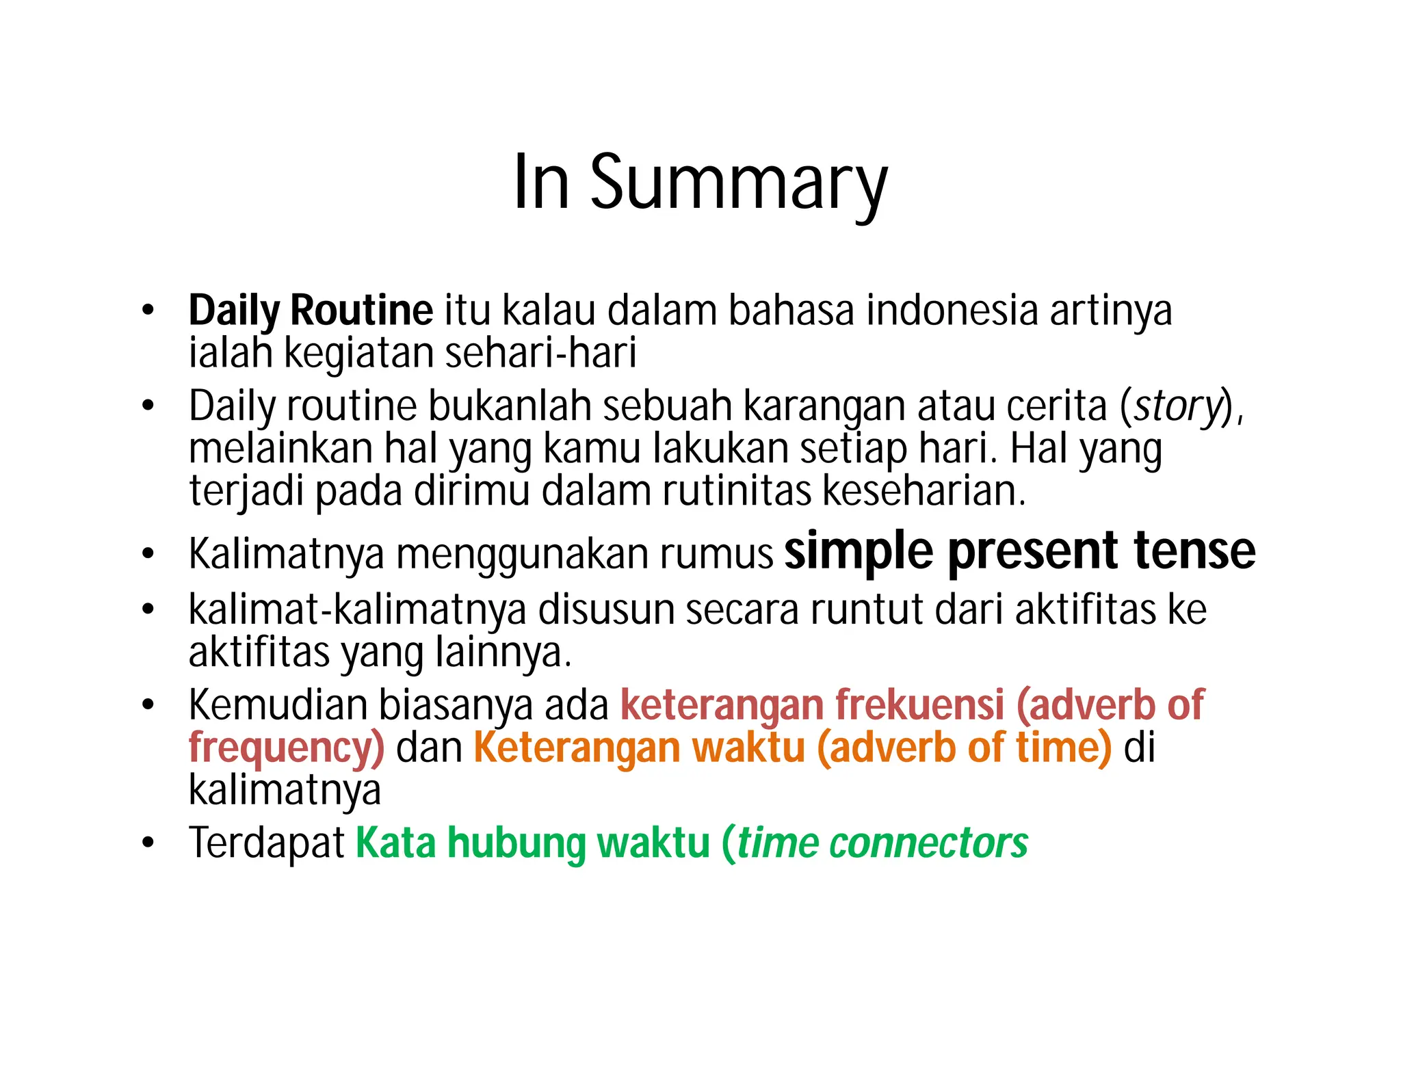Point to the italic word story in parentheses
click(x=1177, y=406)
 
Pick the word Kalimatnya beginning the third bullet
click(x=286, y=554)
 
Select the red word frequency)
click(x=286, y=748)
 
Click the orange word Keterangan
click(x=576, y=748)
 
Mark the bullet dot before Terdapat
click(x=148, y=843)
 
